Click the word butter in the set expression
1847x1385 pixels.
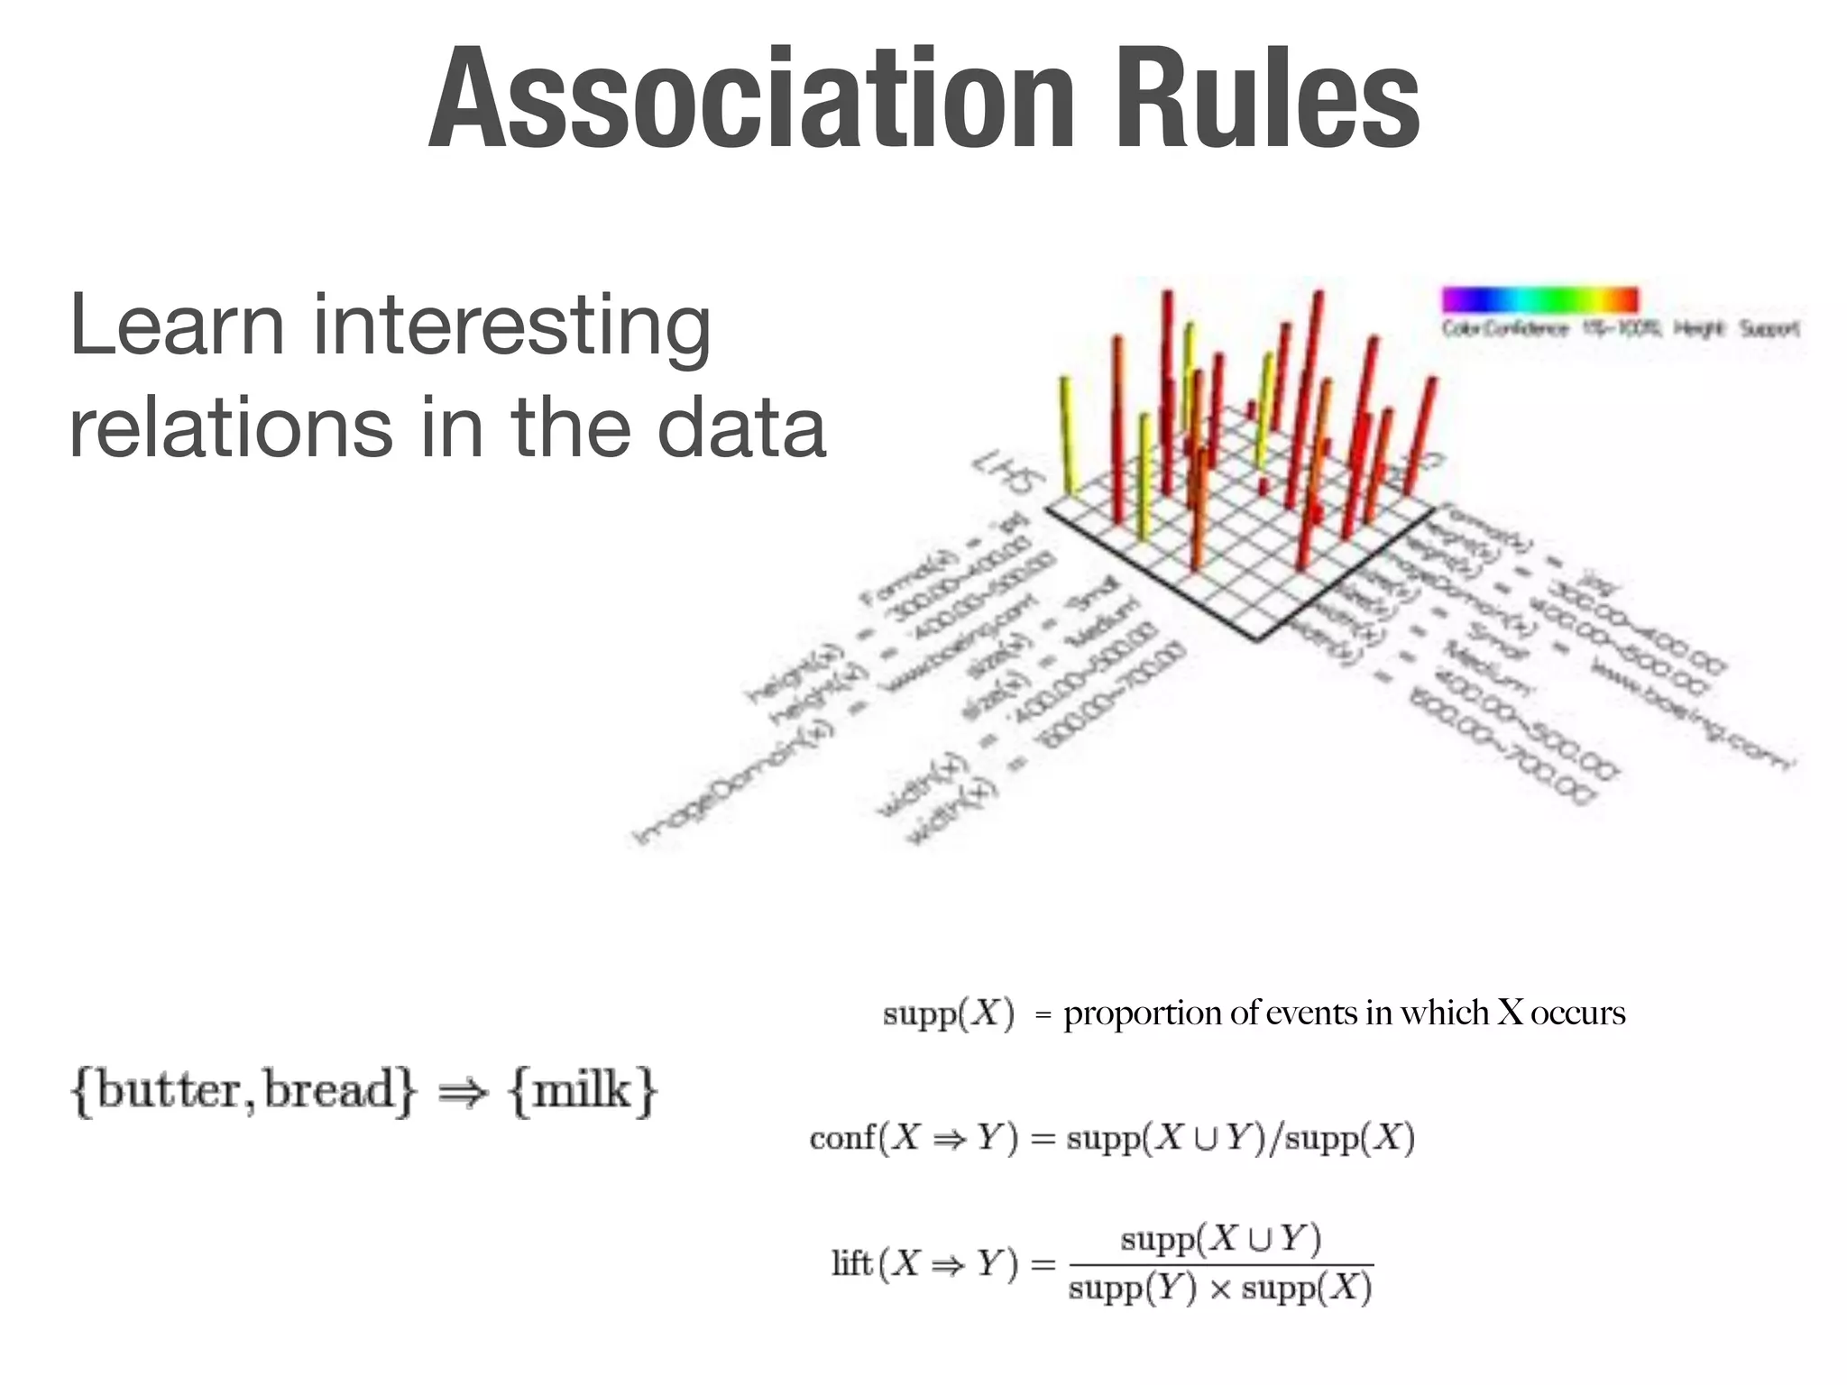click(170, 1090)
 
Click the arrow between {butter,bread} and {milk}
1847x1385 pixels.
click(462, 1093)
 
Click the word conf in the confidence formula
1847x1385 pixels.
click(842, 1138)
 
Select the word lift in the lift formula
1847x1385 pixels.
click(851, 1263)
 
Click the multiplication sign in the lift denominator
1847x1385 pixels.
click(1218, 1290)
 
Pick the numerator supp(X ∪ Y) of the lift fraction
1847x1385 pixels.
click(1219, 1240)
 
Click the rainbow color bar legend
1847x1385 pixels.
click(1539, 299)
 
